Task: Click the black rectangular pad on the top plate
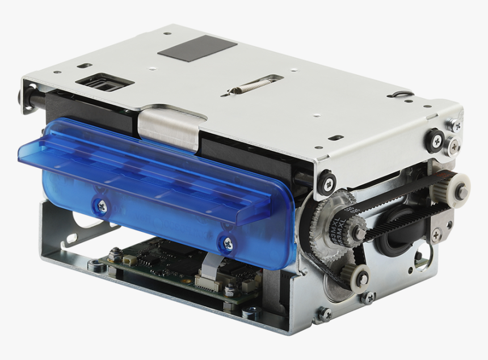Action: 197,48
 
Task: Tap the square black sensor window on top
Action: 103,84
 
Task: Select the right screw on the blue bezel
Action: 226,244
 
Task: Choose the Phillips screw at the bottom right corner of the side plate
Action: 325,314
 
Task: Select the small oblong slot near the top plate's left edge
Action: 85,65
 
